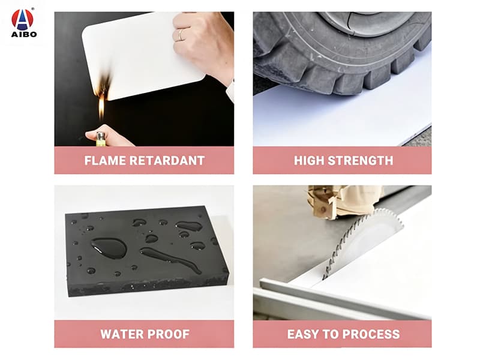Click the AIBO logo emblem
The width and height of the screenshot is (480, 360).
coord(22,20)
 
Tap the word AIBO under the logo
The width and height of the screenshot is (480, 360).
coord(24,34)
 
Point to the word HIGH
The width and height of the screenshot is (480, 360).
coord(309,161)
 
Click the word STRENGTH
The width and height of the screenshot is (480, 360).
coord(361,161)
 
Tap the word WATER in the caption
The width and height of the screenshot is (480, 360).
coord(120,334)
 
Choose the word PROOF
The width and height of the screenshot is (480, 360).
coord(167,334)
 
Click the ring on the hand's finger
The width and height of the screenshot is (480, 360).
coord(181,34)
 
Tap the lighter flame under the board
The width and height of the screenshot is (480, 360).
coord(101,107)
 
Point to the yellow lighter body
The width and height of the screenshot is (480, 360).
coord(101,140)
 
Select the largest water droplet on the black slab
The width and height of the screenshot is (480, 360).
coord(109,247)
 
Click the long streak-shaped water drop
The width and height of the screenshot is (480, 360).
coord(170,260)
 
